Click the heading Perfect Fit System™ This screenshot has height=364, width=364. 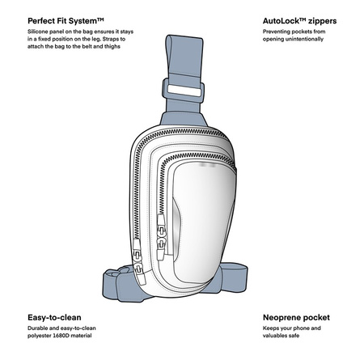pos(66,21)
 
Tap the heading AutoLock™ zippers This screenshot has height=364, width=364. pos(299,21)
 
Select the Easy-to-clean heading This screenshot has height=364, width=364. pos(54,317)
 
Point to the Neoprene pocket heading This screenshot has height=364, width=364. pos(296,317)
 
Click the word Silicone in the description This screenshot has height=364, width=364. pos(37,32)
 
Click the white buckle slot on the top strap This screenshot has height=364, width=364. pos(184,90)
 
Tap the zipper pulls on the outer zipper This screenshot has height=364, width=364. pos(138,260)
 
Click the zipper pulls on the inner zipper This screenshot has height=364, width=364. pos(161,237)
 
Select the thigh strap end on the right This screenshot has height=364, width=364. pos(232,277)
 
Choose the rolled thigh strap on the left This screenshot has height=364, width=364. pos(119,283)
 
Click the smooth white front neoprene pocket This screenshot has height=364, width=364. pos(204,221)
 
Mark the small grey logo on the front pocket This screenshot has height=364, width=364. pos(208,164)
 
